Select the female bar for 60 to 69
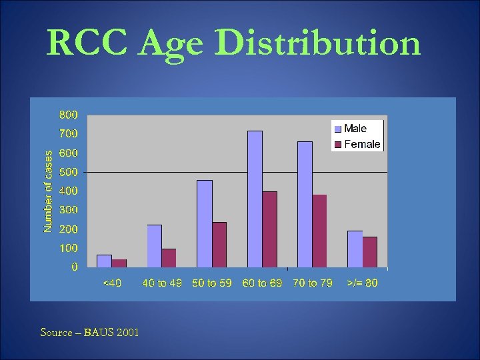[x=269, y=229]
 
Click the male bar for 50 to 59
[x=205, y=223]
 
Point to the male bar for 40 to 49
[x=155, y=245]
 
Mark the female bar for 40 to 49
[x=169, y=258]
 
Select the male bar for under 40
[x=104, y=261]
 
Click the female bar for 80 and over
[x=369, y=252]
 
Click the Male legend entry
[x=356, y=129]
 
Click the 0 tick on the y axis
[x=74, y=267]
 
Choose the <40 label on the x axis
[x=111, y=283]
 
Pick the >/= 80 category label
[x=363, y=283]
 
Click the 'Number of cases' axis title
[x=48, y=191]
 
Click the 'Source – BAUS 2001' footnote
[x=90, y=332]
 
